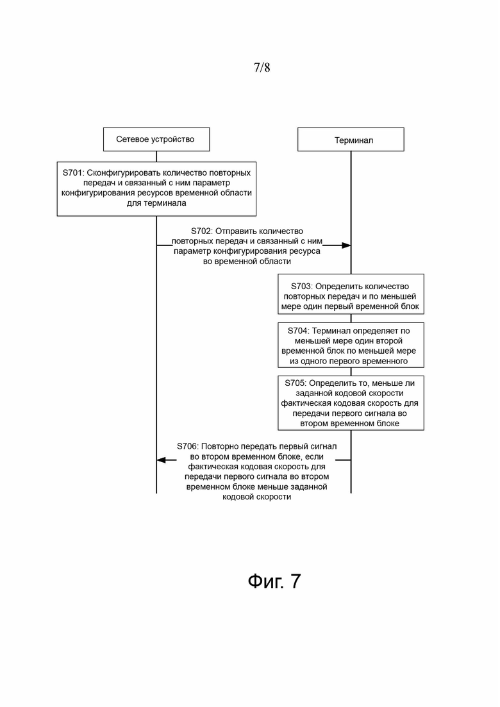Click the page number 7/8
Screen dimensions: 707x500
[262, 67]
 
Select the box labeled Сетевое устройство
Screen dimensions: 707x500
[155, 139]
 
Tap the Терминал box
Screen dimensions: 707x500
[351, 140]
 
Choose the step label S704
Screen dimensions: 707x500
[299, 331]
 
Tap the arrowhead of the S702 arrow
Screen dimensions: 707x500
[346, 245]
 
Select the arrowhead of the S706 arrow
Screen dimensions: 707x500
[162, 460]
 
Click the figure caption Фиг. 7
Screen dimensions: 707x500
[274, 581]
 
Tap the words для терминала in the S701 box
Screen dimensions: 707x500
[156, 203]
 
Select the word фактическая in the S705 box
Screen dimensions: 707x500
[306, 404]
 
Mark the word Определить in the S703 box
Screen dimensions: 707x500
[338, 286]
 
